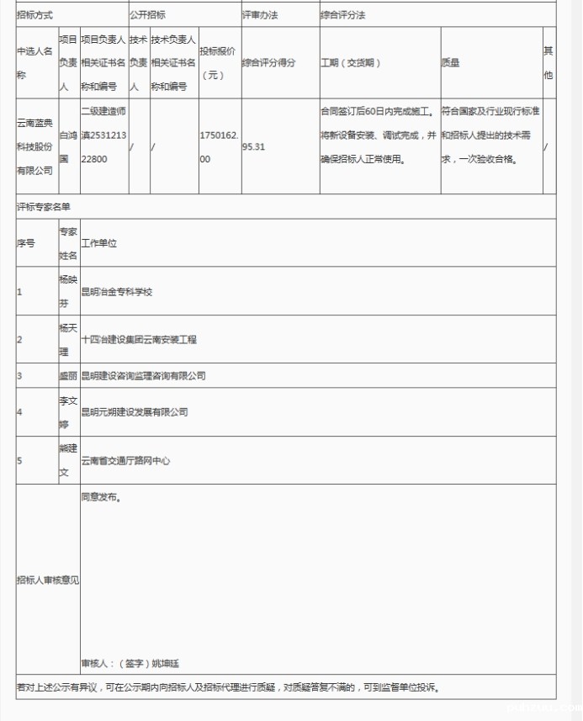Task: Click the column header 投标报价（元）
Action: click(x=219, y=63)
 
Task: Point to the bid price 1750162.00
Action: click(x=220, y=146)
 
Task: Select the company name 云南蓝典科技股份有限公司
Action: click(x=35, y=146)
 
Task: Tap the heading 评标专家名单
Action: click(x=44, y=206)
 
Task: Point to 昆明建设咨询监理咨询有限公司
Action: click(x=143, y=375)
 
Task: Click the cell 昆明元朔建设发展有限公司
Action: click(x=135, y=411)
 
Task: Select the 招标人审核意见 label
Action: click(x=47, y=580)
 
